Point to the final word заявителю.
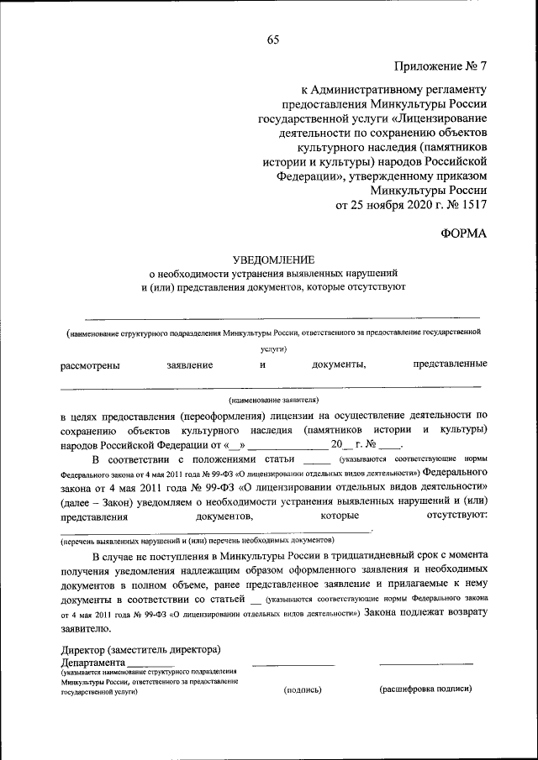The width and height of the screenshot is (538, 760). (85, 627)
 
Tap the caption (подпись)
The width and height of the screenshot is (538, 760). (303, 689)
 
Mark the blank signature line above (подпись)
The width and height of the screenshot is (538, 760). (293, 667)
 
